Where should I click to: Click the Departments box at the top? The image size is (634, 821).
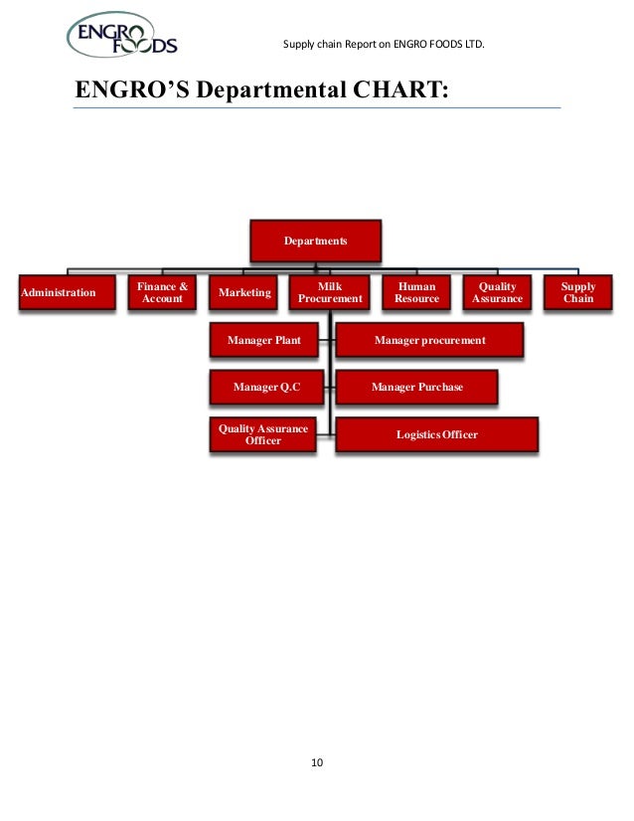pos(315,242)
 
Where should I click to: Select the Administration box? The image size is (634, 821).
pos(59,293)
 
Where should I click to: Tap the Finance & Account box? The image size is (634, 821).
pos(162,293)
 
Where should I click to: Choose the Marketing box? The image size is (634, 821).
pos(244,293)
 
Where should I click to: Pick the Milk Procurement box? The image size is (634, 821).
pos(330,293)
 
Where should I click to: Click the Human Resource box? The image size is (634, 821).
pos(416,293)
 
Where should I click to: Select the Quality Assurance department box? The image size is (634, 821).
pos(497,293)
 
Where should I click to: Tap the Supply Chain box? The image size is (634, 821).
pos(578,293)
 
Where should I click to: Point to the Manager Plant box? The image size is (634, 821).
pos(263,341)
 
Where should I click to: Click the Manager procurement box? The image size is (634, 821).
pos(429,341)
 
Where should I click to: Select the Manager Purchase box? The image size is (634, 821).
pos(416,387)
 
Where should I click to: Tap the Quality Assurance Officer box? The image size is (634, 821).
pos(263,435)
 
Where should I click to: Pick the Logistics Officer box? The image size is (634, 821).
pos(436,435)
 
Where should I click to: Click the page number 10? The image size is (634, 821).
pos(317,763)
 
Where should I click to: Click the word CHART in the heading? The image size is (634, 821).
pos(399,91)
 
